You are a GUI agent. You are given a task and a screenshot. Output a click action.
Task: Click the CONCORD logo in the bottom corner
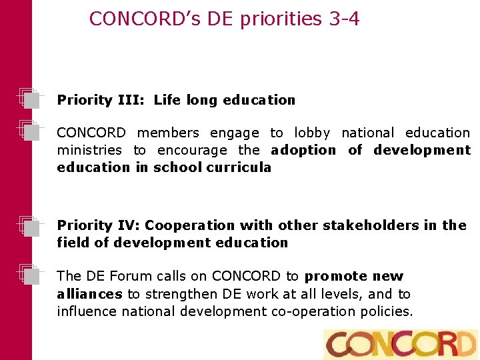[400, 344]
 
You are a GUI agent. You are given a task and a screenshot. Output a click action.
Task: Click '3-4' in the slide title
[345, 19]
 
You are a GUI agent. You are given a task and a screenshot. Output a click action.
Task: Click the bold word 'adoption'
[303, 150]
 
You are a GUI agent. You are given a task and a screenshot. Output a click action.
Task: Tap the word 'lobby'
[312, 133]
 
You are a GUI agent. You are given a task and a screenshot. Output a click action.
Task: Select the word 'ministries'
[89, 150]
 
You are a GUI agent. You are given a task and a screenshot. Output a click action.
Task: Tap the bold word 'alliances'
[89, 294]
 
